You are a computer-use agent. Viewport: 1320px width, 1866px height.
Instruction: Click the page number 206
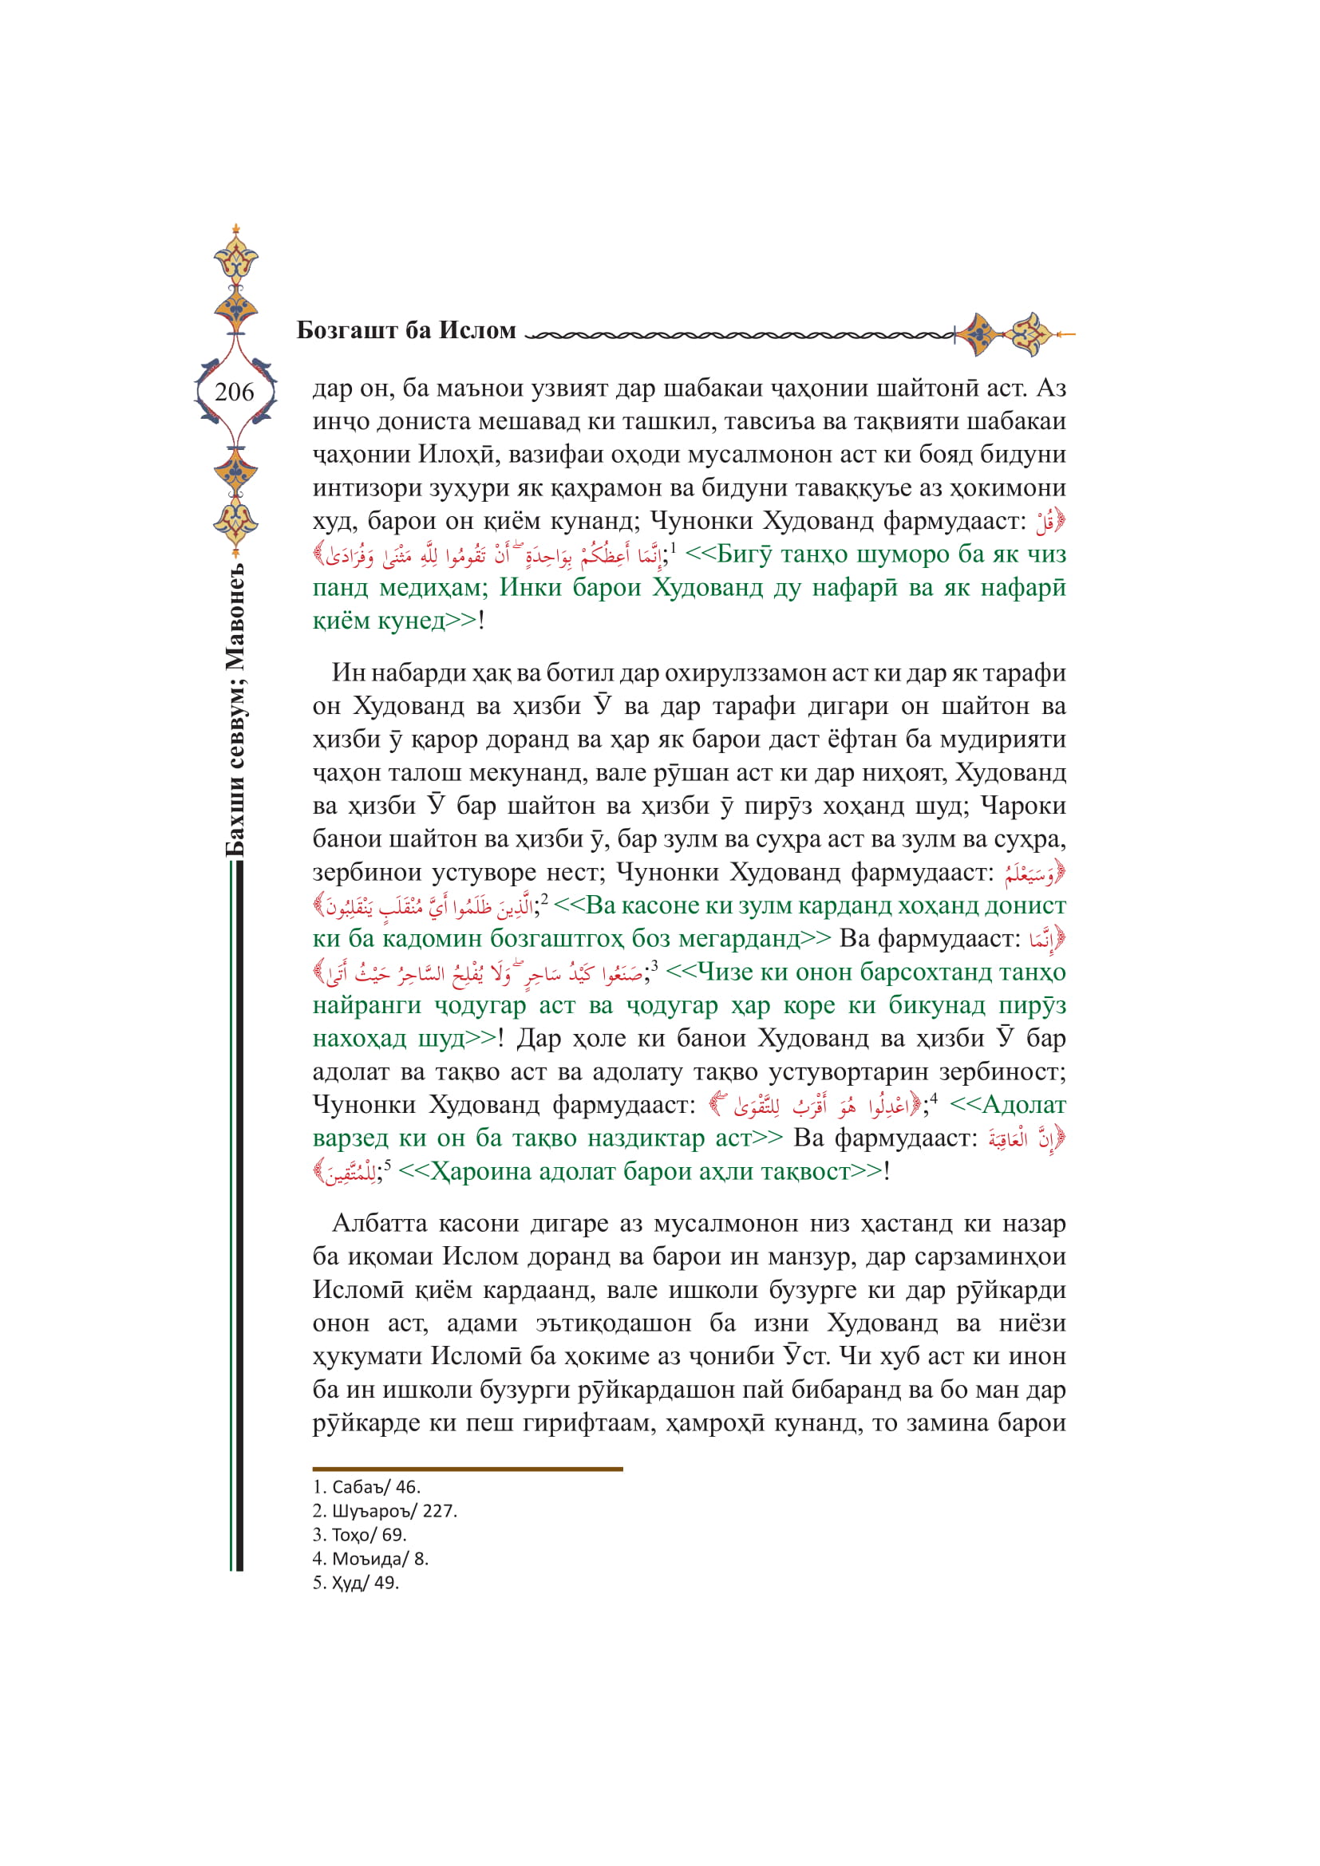click(x=234, y=393)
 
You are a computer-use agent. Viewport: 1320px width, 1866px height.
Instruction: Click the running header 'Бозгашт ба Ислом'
click(x=406, y=330)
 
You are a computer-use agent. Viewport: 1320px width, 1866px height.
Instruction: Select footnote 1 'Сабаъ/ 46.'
click(x=366, y=1487)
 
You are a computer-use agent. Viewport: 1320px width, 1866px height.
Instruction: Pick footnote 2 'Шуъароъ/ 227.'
click(x=385, y=1511)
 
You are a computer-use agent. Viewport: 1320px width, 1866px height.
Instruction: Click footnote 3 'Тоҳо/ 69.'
click(x=359, y=1534)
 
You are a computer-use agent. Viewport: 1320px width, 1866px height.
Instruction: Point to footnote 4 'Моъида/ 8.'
click(x=370, y=1559)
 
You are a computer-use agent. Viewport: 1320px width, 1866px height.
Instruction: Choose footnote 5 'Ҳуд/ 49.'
click(x=356, y=1582)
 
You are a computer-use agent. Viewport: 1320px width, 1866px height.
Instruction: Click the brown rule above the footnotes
click(x=468, y=1470)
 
